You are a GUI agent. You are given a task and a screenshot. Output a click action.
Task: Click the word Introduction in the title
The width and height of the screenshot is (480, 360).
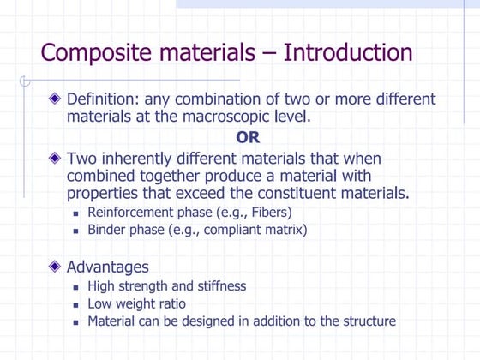348,53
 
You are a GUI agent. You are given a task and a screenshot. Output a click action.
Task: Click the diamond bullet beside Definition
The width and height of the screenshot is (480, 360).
56,99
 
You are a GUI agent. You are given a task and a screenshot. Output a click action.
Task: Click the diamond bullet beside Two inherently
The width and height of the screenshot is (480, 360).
56,159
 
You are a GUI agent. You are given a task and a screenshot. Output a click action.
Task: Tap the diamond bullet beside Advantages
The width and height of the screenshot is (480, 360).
56,267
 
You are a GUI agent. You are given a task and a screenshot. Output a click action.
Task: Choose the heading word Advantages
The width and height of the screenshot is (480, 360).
107,267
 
